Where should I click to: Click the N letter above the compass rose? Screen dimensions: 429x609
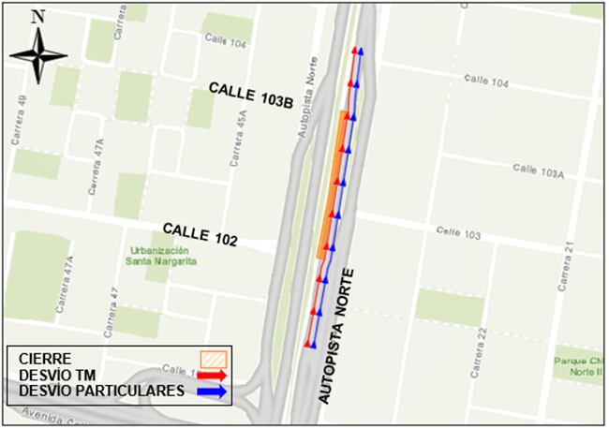coord(37,16)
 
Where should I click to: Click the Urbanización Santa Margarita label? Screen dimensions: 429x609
coord(160,256)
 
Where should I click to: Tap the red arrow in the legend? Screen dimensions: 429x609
coord(215,375)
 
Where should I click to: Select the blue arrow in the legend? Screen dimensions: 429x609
coord(215,392)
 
